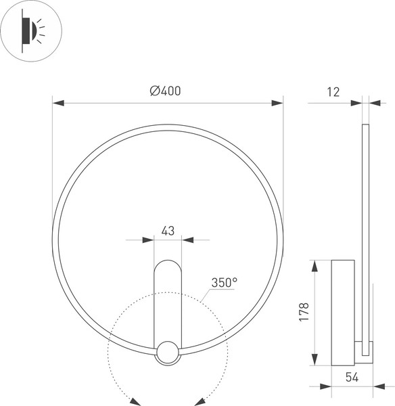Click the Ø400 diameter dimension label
tap(166, 91)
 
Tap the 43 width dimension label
tap(168, 230)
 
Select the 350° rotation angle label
tap(224, 283)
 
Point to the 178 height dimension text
tap(304, 312)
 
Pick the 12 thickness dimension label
tap(333, 91)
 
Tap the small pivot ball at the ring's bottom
tap(168, 352)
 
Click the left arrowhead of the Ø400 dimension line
tap(58, 103)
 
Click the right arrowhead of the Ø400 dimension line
tap(277, 103)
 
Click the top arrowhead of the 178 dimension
tap(315, 265)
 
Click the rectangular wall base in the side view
tap(343, 312)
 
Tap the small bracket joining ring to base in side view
tap(363, 352)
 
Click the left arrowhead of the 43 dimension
tap(149, 240)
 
